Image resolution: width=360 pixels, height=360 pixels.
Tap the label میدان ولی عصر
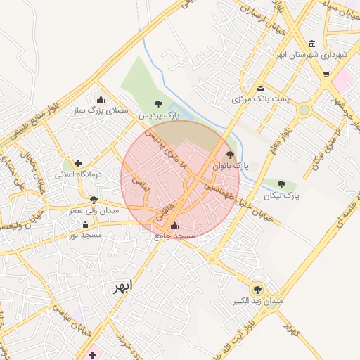coord(94,210)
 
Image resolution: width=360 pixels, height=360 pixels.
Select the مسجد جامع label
coord(174,238)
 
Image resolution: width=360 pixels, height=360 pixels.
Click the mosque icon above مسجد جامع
coord(174,226)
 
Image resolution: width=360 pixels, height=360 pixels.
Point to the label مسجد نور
coord(86,234)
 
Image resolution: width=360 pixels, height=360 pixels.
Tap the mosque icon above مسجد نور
coord(86,224)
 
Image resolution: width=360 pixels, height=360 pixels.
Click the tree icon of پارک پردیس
coord(157,104)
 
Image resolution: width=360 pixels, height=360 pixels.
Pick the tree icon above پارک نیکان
coord(281,184)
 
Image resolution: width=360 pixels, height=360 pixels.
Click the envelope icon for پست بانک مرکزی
coord(261,88)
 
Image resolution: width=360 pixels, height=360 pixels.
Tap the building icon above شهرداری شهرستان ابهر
coord(311,43)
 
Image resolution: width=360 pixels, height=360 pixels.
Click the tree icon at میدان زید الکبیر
coord(257,288)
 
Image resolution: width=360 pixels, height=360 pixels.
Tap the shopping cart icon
coord(326,74)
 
